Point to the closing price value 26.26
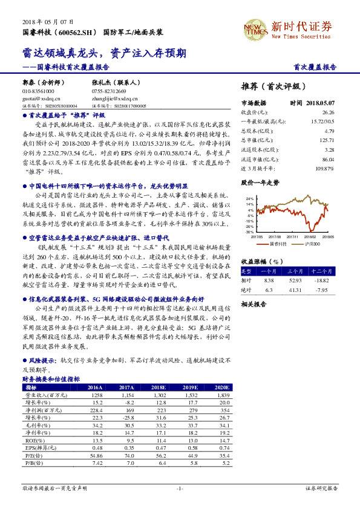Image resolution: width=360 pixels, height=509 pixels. pyautogui.click(x=329, y=112)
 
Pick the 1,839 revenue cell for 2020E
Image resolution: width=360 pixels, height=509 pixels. pyautogui.click(x=221, y=394)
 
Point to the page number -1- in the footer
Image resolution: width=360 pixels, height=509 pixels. pyautogui.click(x=180, y=488)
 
